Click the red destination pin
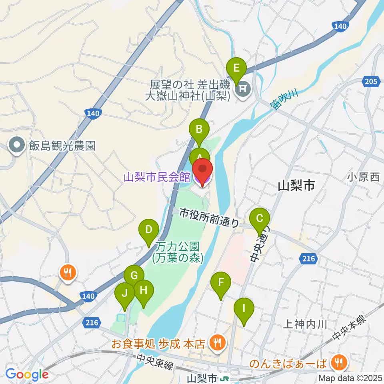click(203, 170)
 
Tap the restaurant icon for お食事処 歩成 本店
click(218, 342)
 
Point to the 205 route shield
click(370, 82)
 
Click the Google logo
click(27, 374)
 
